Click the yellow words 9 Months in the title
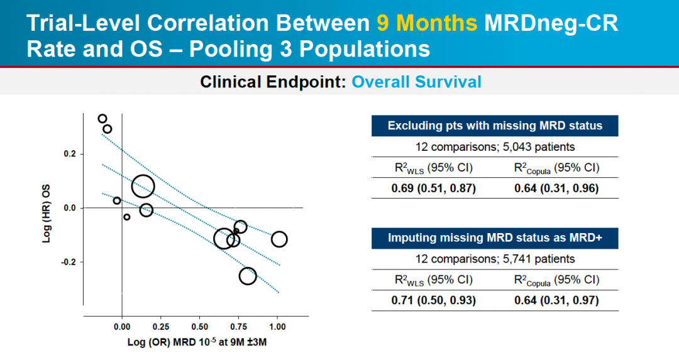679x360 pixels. point(427,23)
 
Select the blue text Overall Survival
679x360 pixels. point(416,82)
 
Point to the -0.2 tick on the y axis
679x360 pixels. point(67,262)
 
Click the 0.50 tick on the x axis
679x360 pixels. point(199,327)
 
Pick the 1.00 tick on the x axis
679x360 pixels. point(277,327)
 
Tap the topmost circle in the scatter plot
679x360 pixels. point(102,119)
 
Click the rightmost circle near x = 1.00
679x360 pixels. point(279,239)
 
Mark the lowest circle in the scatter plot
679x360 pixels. point(248,276)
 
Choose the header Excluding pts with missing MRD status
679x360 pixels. point(495,126)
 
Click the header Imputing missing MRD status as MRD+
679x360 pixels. point(495,237)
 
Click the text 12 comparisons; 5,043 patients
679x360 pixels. point(495,147)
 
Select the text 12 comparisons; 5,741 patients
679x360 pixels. point(495,259)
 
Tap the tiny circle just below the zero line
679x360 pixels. point(127,217)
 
